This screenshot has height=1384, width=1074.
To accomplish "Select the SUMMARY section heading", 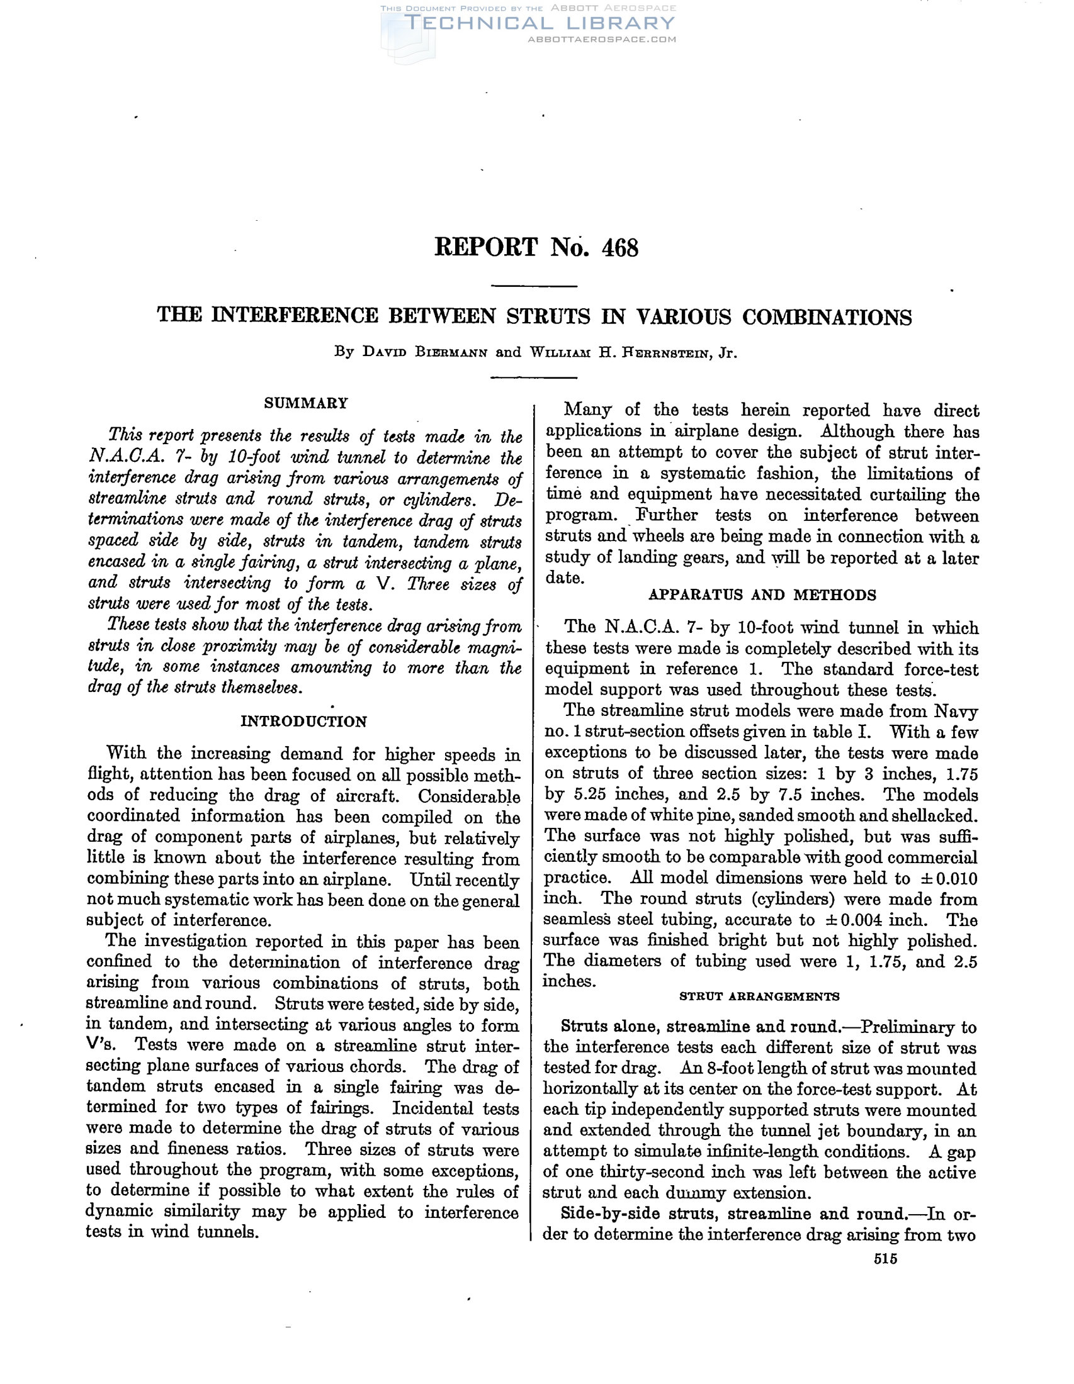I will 306,403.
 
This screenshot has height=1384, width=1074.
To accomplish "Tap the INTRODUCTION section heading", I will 303,722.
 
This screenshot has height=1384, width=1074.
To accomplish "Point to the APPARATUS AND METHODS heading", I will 762,595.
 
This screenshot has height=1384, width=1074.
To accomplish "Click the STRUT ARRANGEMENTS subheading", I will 759,996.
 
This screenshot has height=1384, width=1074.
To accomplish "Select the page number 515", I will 885,1259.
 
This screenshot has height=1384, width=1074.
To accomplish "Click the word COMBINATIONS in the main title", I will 827,316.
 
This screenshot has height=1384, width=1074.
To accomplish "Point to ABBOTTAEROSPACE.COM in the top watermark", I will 602,39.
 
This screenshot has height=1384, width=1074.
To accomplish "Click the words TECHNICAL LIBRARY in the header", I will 539,23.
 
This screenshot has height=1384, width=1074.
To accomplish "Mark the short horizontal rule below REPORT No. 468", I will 534,286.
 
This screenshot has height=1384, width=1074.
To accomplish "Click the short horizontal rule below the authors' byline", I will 534,377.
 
